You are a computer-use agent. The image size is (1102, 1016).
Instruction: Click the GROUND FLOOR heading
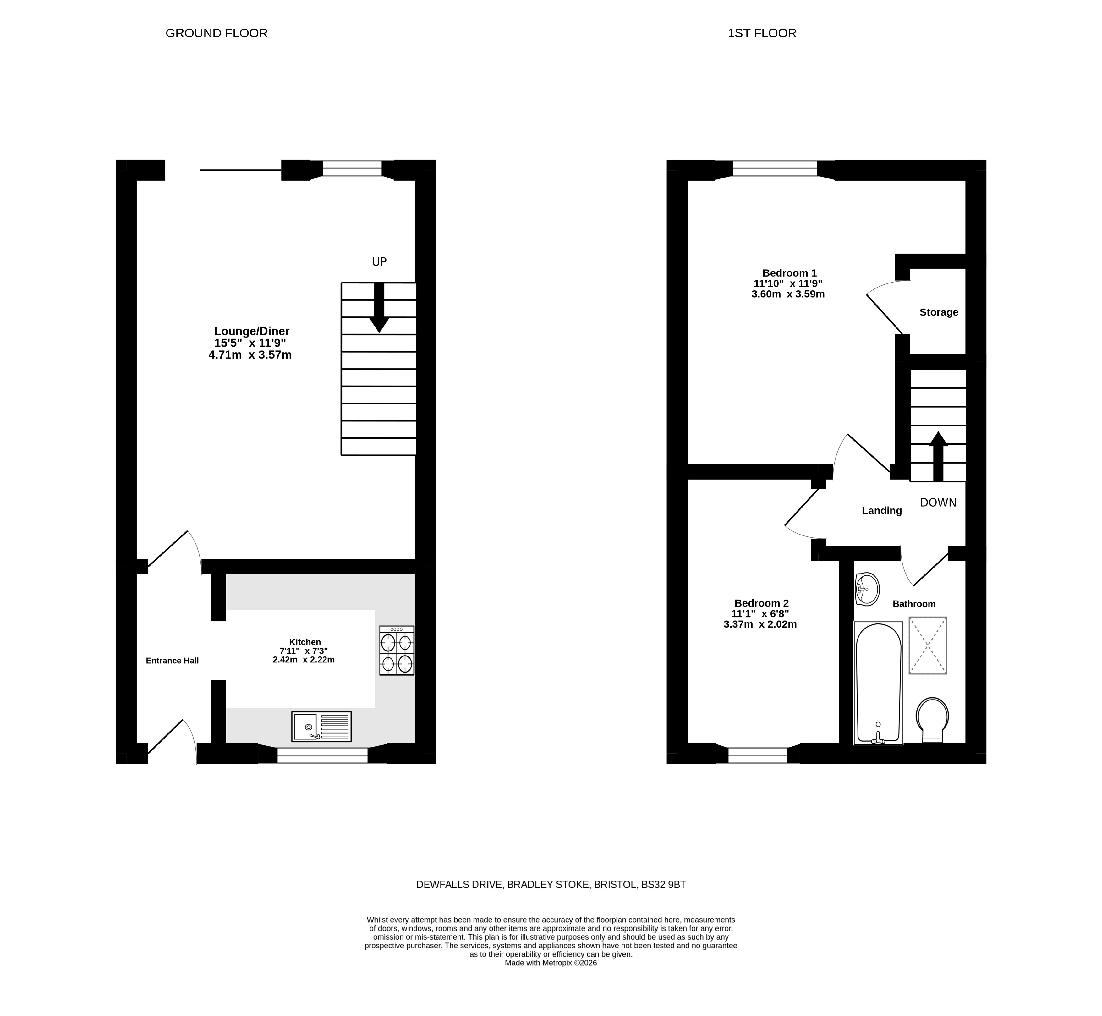(x=217, y=33)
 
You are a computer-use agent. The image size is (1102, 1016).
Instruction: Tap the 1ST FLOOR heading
(x=762, y=33)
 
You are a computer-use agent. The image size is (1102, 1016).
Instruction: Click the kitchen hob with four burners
(x=396, y=651)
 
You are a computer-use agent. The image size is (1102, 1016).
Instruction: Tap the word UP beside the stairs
(x=379, y=262)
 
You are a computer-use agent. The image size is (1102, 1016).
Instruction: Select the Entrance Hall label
(x=172, y=660)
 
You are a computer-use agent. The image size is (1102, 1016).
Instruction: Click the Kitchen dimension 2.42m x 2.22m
(x=304, y=660)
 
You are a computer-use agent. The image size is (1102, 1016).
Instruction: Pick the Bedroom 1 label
(x=789, y=273)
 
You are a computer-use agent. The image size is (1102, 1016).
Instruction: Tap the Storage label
(x=939, y=312)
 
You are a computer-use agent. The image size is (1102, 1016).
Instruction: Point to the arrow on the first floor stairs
(x=938, y=456)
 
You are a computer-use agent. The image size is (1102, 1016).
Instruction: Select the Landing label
(x=882, y=511)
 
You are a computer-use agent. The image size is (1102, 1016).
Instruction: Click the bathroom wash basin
(x=867, y=589)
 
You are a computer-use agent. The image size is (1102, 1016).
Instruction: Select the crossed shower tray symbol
(x=928, y=645)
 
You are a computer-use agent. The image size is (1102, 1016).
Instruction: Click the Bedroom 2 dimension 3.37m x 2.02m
(x=760, y=624)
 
